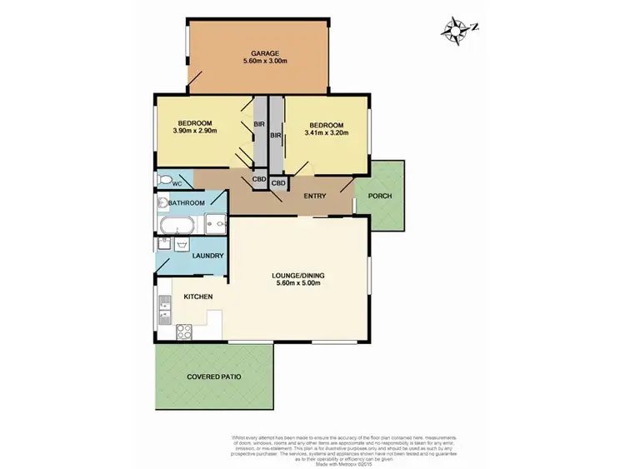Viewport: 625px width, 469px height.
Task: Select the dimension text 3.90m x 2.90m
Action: [195, 131]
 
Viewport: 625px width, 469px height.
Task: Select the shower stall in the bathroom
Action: [214, 223]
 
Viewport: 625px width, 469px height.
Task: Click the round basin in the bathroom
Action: [162, 202]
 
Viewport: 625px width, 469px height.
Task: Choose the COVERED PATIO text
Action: [213, 377]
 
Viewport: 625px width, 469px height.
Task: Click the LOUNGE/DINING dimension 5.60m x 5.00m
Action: [297, 283]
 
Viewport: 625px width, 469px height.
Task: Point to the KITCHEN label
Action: [197, 297]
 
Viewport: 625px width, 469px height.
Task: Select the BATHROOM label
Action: [187, 203]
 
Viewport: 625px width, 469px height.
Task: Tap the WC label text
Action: [177, 183]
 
